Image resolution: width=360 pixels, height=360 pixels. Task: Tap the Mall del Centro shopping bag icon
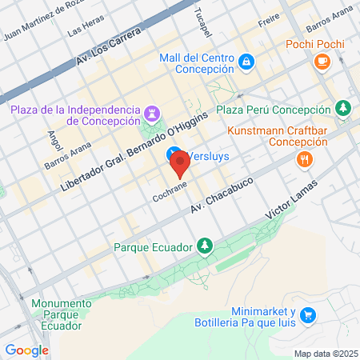[x=246, y=61]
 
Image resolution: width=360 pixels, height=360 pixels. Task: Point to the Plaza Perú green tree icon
[x=343, y=108]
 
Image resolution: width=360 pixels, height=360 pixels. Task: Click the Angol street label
[x=54, y=142]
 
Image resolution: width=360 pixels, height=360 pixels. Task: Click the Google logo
[x=26, y=350]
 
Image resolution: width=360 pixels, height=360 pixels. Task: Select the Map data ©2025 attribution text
[x=325, y=354]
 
